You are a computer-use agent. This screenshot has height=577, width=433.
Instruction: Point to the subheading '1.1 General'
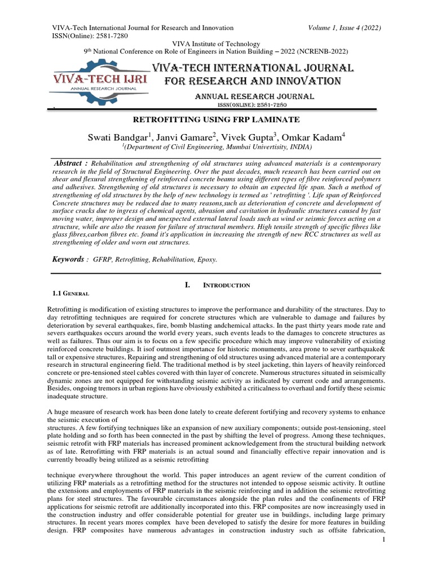[70, 294]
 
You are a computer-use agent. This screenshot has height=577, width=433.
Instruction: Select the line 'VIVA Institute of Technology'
[216, 44]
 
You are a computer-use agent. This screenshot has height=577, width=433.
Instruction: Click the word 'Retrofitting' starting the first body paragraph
[65, 309]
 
